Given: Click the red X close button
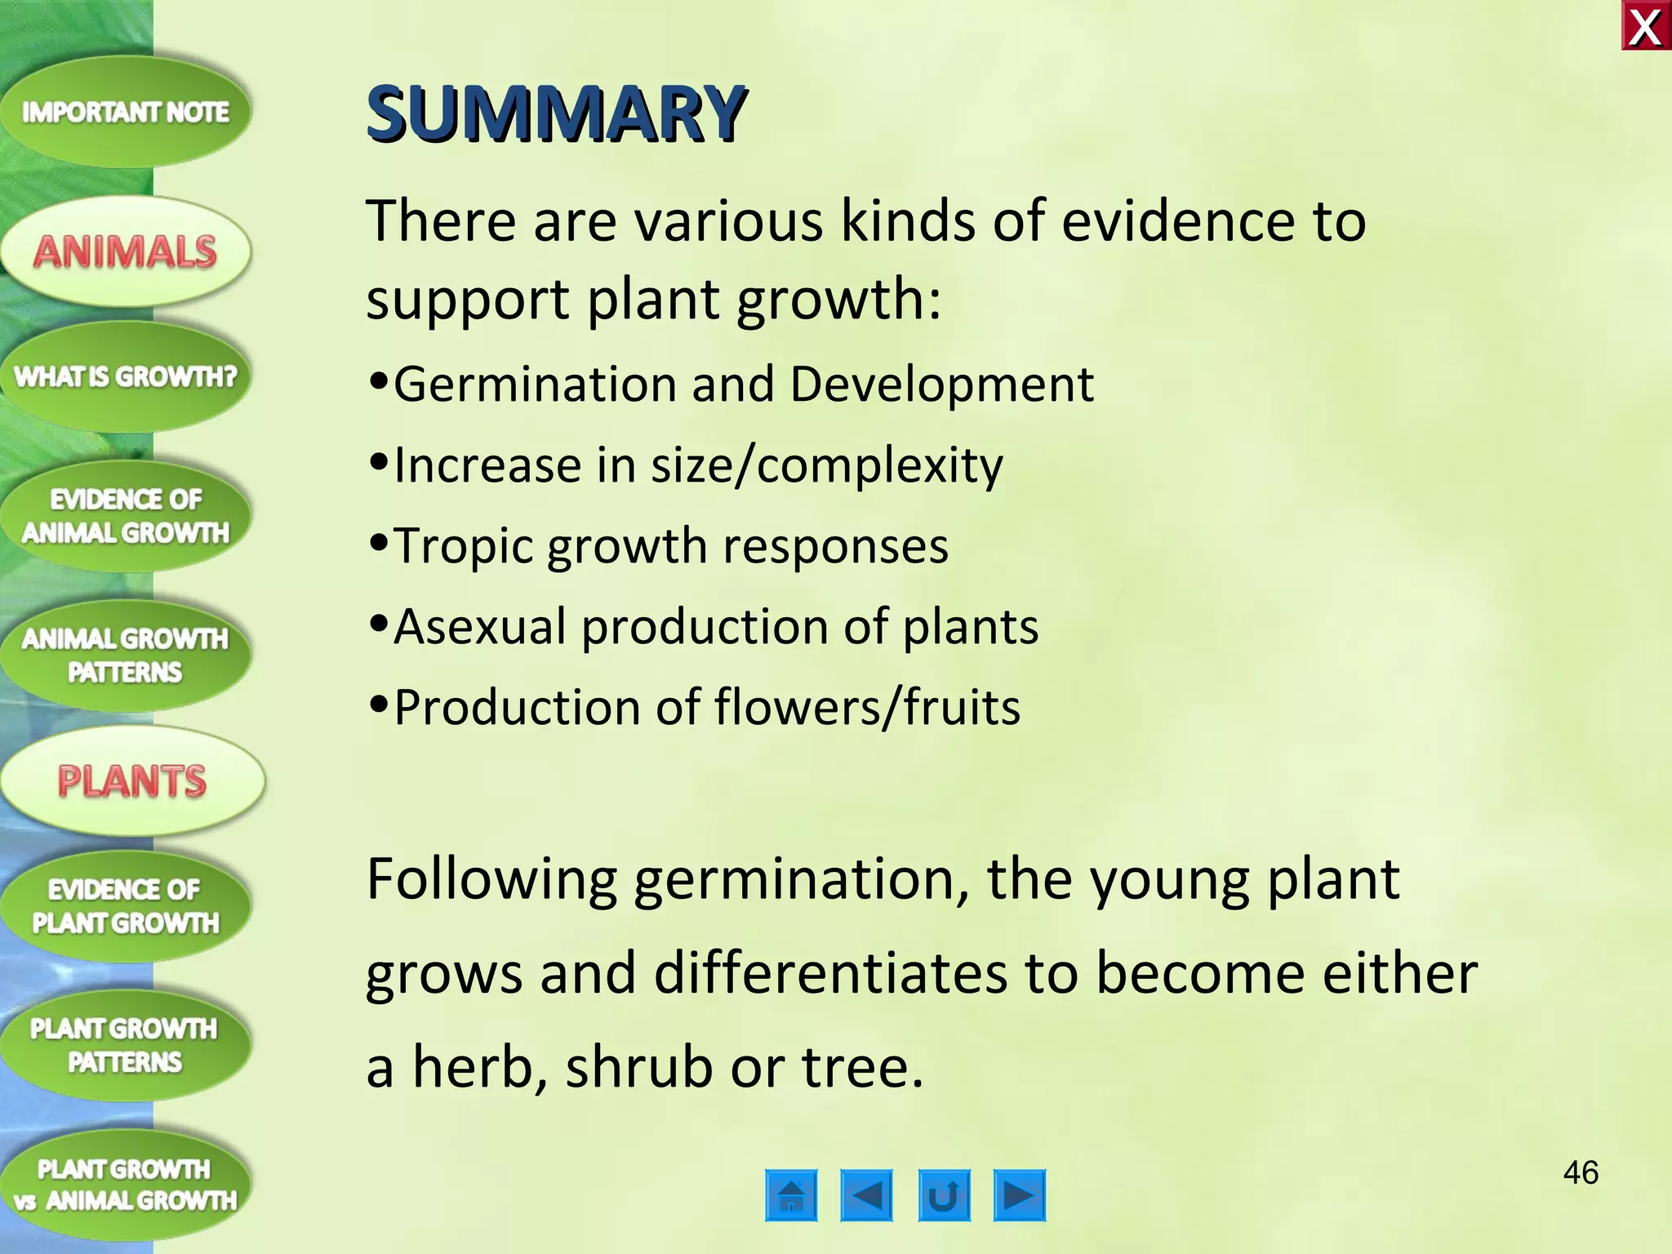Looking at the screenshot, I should [1646, 27].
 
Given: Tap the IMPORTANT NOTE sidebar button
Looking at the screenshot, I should [125, 112].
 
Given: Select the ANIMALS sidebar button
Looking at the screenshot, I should [125, 251].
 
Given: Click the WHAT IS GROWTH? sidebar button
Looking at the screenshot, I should [125, 376].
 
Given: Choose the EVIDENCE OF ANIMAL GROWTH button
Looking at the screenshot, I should [125, 516].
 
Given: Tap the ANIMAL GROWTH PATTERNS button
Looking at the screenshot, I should [125, 656].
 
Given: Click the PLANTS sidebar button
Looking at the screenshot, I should [131, 781].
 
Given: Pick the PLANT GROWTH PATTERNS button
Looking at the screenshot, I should [125, 1046].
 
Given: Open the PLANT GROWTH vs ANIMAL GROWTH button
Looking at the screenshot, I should [125, 1185].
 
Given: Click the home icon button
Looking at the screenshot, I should [791, 1196].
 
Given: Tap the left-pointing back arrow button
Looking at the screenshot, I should [866, 1196].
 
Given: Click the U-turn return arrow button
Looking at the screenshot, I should [944, 1196].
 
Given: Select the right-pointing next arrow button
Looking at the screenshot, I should [1019, 1196].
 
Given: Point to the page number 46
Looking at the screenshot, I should [1581, 1173].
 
